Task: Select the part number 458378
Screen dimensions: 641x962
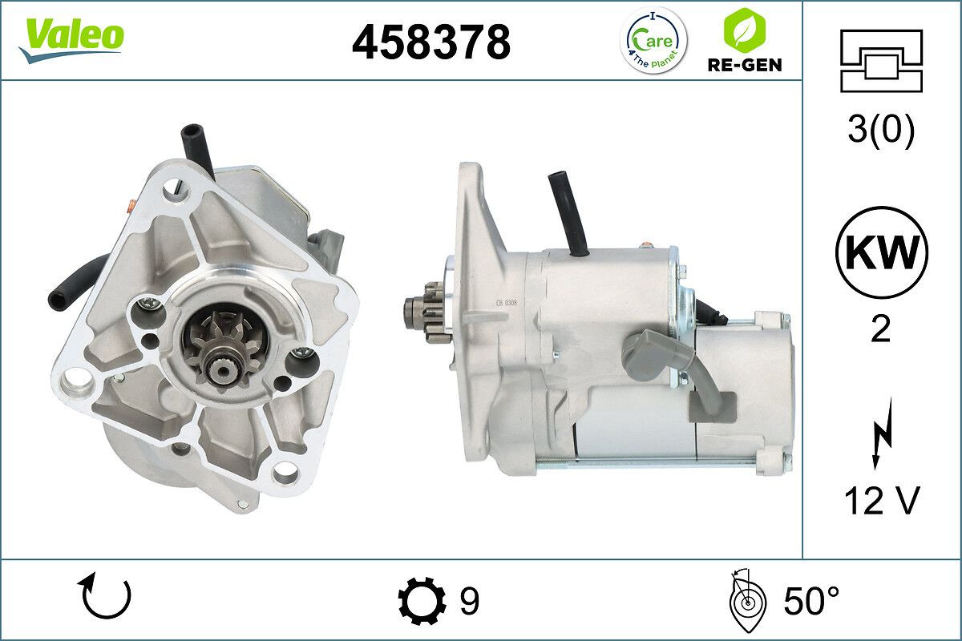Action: click(430, 41)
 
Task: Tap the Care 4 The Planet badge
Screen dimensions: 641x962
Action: click(655, 40)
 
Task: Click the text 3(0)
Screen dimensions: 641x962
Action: click(881, 131)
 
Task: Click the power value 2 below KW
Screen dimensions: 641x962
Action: click(881, 329)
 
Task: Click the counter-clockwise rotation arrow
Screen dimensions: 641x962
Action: click(105, 599)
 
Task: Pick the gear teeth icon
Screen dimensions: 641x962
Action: click(422, 600)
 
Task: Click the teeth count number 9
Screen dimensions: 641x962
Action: click(469, 600)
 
